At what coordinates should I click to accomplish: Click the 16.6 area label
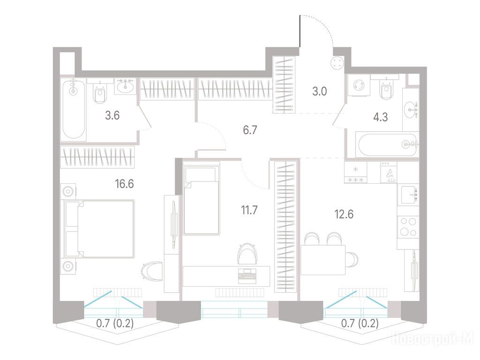tap(124, 184)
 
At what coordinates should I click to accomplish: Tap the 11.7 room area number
tap(249, 210)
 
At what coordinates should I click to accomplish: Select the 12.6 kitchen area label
tap(344, 214)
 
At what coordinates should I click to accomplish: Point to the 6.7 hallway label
tap(250, 130)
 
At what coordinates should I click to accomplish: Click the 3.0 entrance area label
tap(320, 91)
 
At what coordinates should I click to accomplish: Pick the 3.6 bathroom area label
tap(112, 115)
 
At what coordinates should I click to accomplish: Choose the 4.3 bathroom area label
tap(381, 117)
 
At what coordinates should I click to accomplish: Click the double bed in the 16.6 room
tap(99, 229)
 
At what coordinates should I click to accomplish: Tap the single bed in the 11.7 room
tap(202, 198)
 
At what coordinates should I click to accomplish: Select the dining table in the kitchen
tap(323, 260)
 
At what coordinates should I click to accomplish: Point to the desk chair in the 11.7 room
tap(247, 253)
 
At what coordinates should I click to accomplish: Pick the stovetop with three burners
tap(408, 226)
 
